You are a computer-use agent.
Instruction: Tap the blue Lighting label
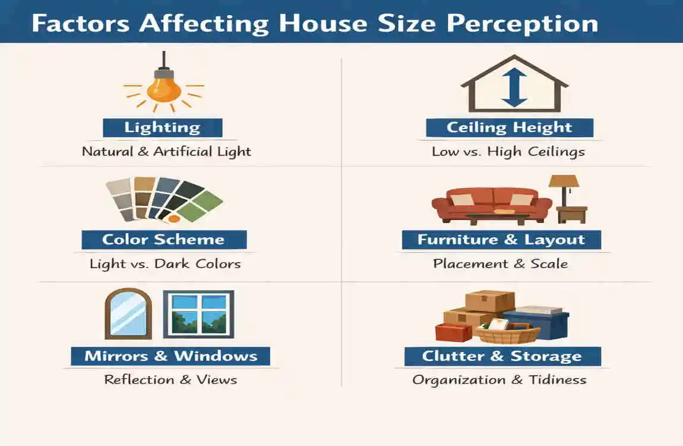(162, 127)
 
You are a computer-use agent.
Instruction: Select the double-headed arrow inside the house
(514, 87)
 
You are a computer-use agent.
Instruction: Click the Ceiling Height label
(509, 127)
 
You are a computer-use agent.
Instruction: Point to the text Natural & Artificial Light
(166, 151)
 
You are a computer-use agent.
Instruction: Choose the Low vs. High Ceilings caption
(508, 151)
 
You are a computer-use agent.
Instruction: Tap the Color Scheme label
(163, 240)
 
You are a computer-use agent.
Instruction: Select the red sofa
(491, 204)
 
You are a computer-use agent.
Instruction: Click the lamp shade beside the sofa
(564, 182)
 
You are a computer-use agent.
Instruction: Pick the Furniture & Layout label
(501, 240)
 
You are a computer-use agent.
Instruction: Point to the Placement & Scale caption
(500, 263)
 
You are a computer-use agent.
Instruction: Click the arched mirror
(128, 313)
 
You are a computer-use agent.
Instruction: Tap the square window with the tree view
(198, 313)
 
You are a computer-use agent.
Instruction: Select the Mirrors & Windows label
(170, 356)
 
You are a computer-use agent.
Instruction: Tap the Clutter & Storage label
(502, 356)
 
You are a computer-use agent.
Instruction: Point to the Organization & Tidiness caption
(499, 379)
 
